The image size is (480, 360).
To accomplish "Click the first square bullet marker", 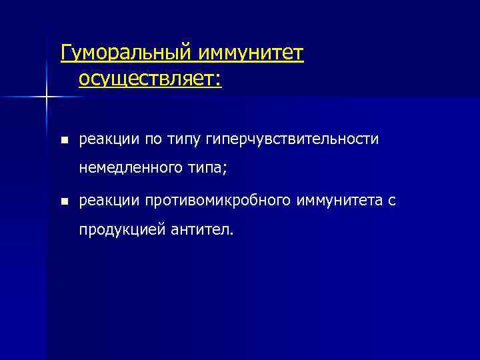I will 63,140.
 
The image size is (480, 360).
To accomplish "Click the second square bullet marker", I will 63,201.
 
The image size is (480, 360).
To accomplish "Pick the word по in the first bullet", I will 145,139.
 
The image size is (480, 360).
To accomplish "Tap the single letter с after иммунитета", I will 392,201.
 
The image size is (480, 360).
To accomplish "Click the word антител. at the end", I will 199,230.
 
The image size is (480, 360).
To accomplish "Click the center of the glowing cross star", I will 47,97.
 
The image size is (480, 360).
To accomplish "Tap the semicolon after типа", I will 225,171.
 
